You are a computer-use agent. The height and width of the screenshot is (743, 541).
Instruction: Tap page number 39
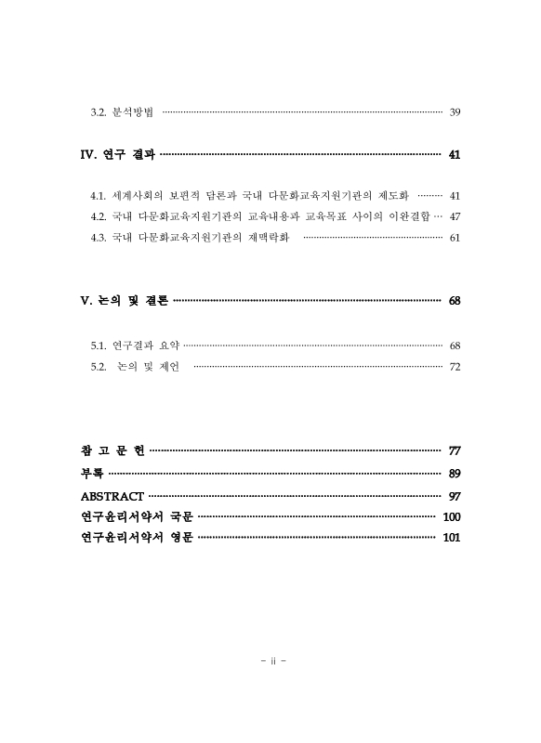click(455, 112)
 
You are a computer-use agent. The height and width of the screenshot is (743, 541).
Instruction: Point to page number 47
click(455, 216)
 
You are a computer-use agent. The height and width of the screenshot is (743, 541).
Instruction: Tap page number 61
click(455, 238)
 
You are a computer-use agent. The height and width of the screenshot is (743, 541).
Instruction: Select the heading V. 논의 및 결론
click(125, 301)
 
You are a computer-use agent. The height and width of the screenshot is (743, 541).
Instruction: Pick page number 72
click(455, 367)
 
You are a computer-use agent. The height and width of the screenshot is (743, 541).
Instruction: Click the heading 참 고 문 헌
click(112, 451)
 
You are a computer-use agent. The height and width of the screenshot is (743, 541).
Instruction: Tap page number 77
click(455, 451)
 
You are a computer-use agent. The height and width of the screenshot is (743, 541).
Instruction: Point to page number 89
click(455, 474)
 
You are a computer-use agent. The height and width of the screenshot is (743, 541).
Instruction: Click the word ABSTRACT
click(112, 496)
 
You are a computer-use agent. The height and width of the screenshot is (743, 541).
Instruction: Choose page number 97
click(455, 496)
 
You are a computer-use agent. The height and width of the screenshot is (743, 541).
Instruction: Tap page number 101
click(452, 538)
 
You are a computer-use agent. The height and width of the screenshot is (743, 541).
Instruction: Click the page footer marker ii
click(270, 661)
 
